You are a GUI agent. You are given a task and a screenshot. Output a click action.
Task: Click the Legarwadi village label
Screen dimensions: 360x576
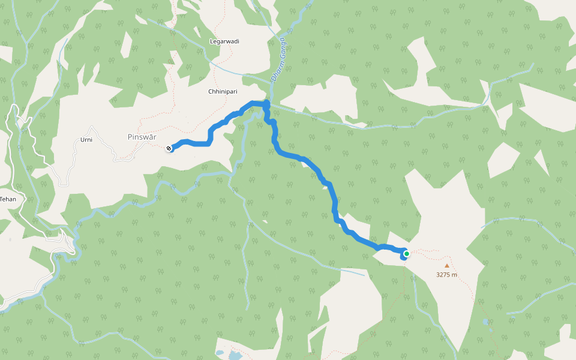224,41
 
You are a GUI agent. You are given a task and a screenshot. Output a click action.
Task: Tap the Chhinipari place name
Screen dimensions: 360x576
224,92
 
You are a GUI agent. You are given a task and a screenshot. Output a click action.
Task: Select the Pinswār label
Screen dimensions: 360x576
142,137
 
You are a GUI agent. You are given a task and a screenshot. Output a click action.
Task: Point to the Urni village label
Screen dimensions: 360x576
86,140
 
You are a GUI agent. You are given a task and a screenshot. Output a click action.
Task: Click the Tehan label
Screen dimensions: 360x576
7,199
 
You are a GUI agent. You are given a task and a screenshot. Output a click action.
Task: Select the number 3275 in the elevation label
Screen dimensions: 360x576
443,275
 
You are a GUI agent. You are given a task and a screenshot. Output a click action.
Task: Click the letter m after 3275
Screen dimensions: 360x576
455,275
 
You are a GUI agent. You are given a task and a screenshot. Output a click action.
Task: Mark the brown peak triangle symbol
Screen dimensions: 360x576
446,265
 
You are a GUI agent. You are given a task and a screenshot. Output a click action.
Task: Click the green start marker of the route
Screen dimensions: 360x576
406,254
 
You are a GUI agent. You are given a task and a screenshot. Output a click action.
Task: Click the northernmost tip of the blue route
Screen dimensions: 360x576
266,103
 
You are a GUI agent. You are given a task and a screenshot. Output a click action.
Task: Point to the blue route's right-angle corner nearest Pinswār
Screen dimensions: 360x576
209,142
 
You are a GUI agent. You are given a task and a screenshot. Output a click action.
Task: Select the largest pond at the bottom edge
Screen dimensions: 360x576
235,356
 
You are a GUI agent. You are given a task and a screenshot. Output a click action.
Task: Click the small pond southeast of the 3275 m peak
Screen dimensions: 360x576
485,322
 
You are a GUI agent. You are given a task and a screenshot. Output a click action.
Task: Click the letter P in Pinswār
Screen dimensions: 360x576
130,137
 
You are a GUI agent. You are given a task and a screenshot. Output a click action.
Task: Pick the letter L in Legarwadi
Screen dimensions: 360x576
211,41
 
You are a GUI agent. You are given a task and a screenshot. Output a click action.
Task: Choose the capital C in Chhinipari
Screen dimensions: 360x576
210,92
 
